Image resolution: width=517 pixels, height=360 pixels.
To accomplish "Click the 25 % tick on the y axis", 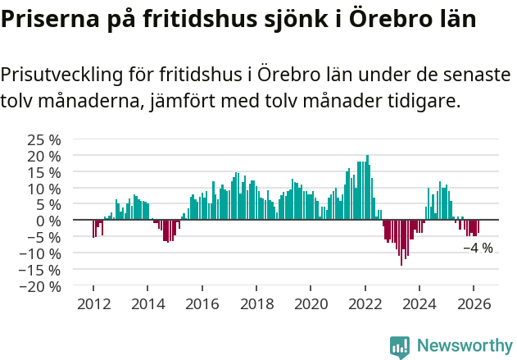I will click(44, 139).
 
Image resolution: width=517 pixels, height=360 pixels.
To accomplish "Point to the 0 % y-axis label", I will click(48, 221).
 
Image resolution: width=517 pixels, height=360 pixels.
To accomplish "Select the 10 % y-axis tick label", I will click(44, 188).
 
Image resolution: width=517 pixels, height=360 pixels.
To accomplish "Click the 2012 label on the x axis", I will click(93, 303).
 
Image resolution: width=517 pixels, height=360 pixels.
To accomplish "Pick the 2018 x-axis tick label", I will click(256, 303).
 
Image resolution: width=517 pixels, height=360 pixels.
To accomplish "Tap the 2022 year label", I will click(365, 303).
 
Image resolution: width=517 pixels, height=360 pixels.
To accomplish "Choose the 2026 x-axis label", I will click(474, 303).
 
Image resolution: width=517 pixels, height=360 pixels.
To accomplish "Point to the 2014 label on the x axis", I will click(147, 303).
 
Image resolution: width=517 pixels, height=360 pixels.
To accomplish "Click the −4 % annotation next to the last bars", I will click(478, 248).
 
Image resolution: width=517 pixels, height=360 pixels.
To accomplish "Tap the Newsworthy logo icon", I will click(399, 346).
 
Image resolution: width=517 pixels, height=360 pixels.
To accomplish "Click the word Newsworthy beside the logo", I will click(464, 346).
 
